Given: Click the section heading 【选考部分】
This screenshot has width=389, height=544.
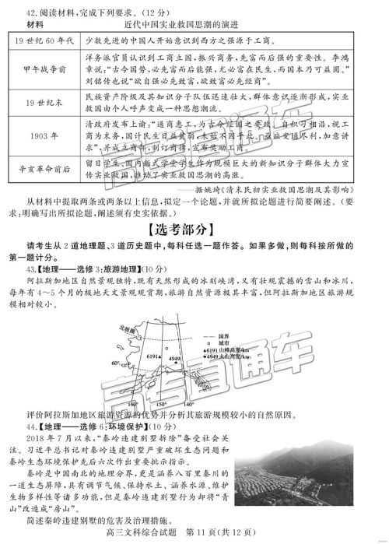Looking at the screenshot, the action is (194, 231).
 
